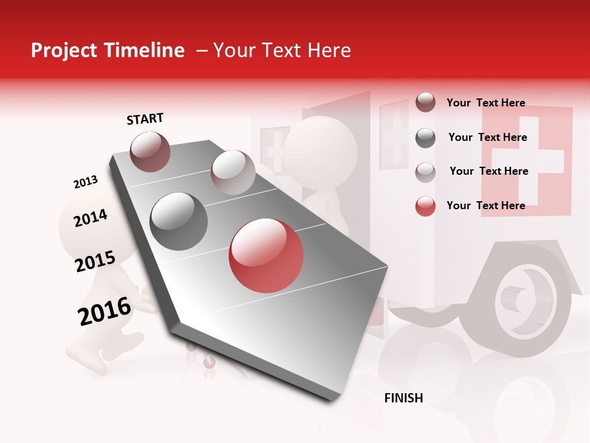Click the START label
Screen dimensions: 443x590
click(x=145, y=119)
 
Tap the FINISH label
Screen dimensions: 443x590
click(x=403, y=398)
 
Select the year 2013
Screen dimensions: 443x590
click(x=85, y=182)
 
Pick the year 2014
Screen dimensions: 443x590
click(x=90, y=218)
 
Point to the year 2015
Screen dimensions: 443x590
click(x=95, y=261)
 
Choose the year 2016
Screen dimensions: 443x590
click(x=104, y=311)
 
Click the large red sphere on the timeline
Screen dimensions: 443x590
click(x=266, y=255)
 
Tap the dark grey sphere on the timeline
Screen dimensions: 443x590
click(x=179, y=221)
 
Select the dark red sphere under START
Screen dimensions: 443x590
click(x=150, y=151)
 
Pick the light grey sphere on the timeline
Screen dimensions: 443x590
click(x=233, y=172)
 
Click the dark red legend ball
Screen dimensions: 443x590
click(x=425, y=103)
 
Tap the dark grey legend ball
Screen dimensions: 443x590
click(x=425, y=138)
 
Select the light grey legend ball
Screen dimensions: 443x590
click(x=425, y=172)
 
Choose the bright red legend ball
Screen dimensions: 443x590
click(x=425, y=206)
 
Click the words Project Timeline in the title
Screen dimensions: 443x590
click(x=108, y=50)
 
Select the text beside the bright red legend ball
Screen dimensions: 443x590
click(x=486, y=206)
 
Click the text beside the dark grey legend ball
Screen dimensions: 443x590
click(x=487, y=137)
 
